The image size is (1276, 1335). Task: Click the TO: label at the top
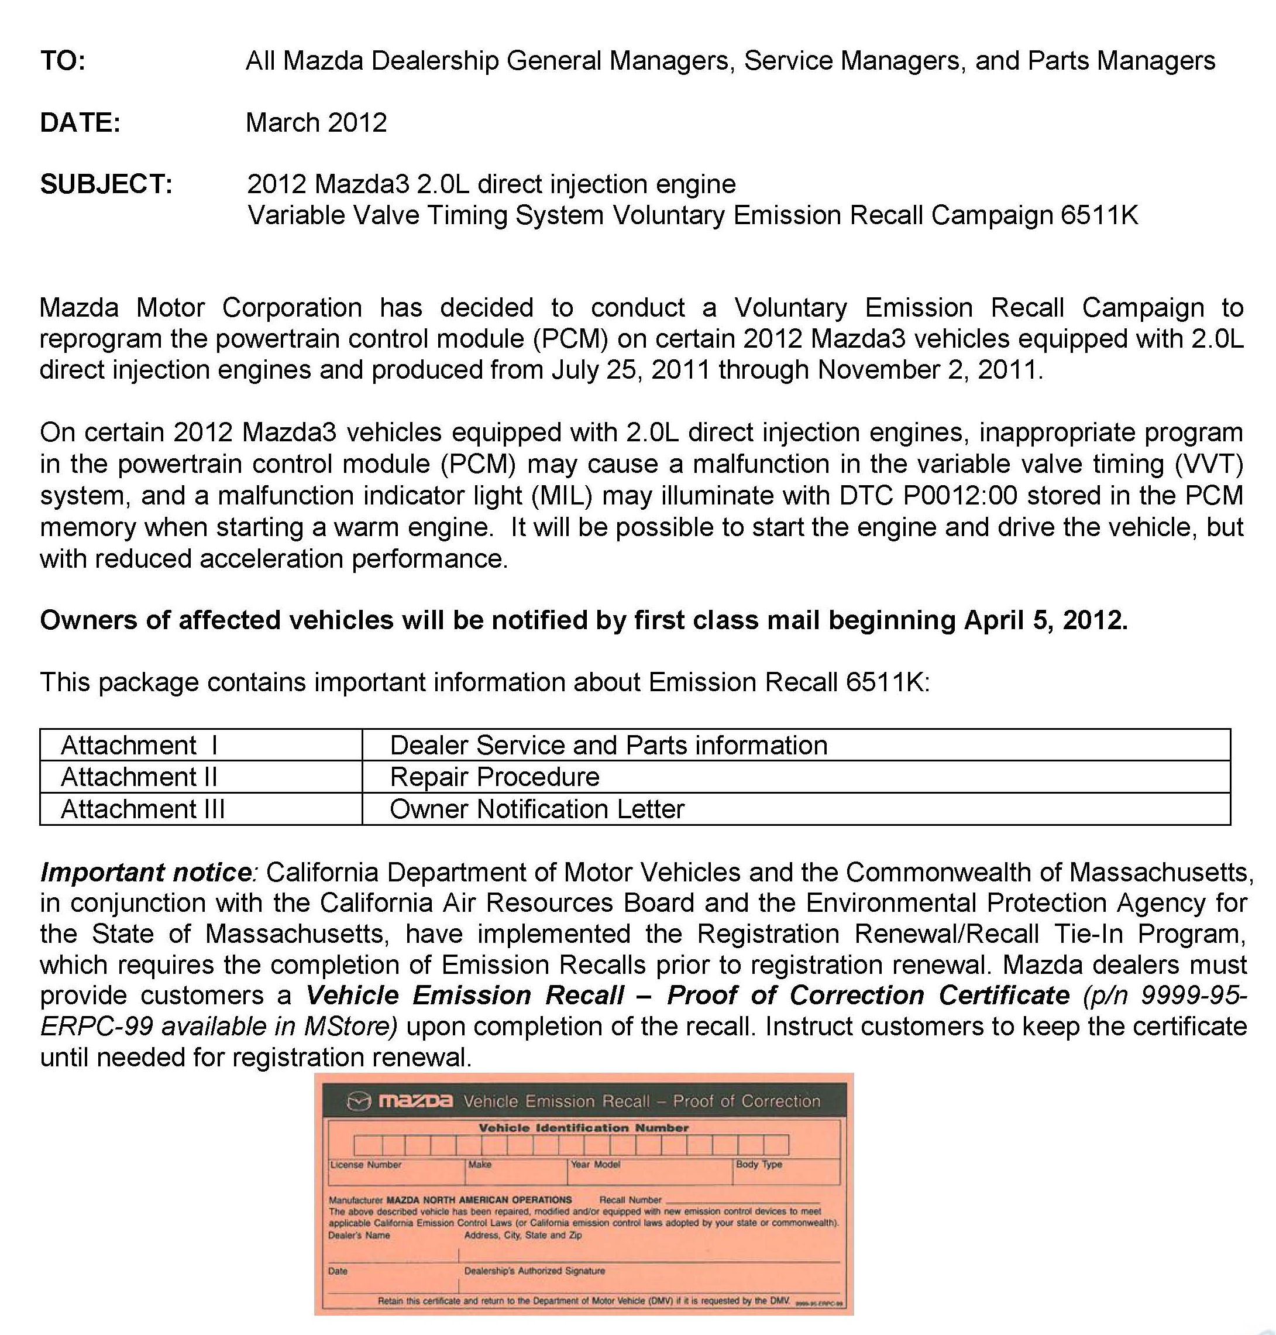point(63,61)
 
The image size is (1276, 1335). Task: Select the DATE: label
point(80,123)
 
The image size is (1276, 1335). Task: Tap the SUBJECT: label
point(106,184)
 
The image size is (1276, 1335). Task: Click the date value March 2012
point(317,123)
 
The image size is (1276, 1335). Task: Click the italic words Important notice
point(146,872)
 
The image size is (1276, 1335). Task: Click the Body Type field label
point(758,1164)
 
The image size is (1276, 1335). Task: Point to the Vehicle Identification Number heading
point(583,1127)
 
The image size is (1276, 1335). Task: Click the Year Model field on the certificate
point(595,1164)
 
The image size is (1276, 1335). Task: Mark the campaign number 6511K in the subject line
point(1099,216)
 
